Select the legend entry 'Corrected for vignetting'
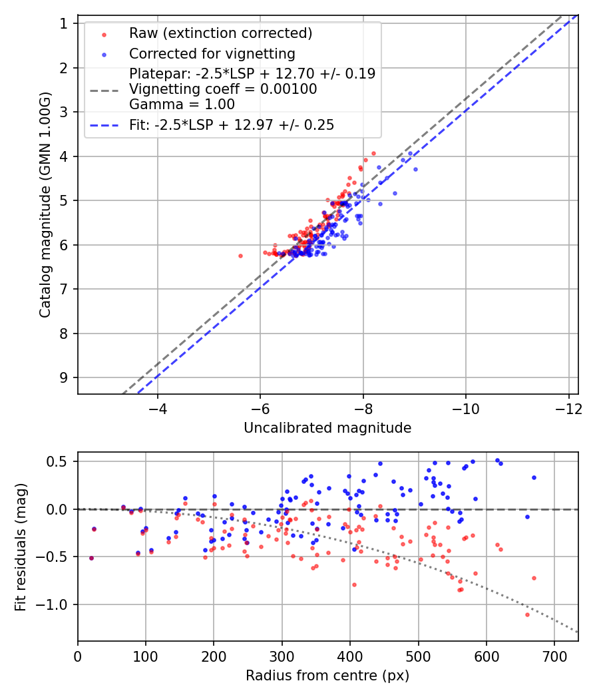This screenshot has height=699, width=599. (x=212, y=53)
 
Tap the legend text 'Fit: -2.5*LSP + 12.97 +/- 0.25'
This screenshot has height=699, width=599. (x=232, y=124)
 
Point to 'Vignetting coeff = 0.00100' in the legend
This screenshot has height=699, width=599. (x=223, y=89)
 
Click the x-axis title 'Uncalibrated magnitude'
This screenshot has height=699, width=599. (x=327, y=428)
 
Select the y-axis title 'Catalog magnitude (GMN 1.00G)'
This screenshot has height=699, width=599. (x=45, y=204)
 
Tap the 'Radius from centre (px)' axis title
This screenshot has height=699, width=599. (x=327, y=676)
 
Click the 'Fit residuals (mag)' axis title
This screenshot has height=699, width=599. (x=21, y=547)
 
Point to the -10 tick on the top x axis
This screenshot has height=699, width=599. (x=466, y=407)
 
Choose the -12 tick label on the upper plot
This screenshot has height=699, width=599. (x=568, y=407)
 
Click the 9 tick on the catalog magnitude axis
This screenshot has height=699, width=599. (x=64, y=377)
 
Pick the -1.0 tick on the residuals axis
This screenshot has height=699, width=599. (x=56, y=604)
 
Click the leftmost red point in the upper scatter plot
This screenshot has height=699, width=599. (x=240, y=256)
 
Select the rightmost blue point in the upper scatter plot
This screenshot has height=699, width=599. (x=415, y=169)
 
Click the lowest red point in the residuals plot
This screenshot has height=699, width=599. (x=527, y=614)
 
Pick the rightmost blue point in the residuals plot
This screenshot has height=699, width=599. (x=534, y=477)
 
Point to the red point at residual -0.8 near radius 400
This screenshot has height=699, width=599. (x=354, y=584)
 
